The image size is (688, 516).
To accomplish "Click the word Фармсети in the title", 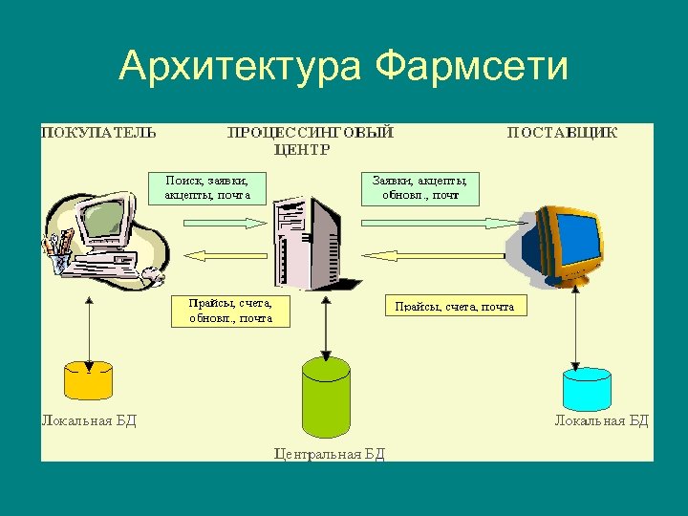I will tap(472, 68).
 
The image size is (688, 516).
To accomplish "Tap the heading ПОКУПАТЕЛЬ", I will tap(98, 133).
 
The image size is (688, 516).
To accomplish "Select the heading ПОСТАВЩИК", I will tap(562, 133).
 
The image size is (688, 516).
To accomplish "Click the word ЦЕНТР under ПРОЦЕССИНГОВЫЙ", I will tap(302, 149).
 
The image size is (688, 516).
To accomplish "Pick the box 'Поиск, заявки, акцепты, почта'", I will tap(207, 187).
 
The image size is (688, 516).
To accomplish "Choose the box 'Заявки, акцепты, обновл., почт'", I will tap(419, 187).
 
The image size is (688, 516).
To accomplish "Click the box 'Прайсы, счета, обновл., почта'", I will tap(230, 311).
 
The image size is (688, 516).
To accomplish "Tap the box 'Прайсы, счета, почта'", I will tap(455, 307).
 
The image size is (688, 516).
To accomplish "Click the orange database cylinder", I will tap(88, 378).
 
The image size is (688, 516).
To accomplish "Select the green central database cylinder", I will tap(326, 395).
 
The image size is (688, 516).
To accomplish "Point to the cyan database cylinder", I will tap(587, 386).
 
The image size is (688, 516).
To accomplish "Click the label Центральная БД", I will tap(330, 454).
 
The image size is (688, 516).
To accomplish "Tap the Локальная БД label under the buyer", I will tap(89, 420).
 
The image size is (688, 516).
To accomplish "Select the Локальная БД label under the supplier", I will tap(602, 420).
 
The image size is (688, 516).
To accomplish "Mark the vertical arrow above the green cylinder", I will tap(326, 325).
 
